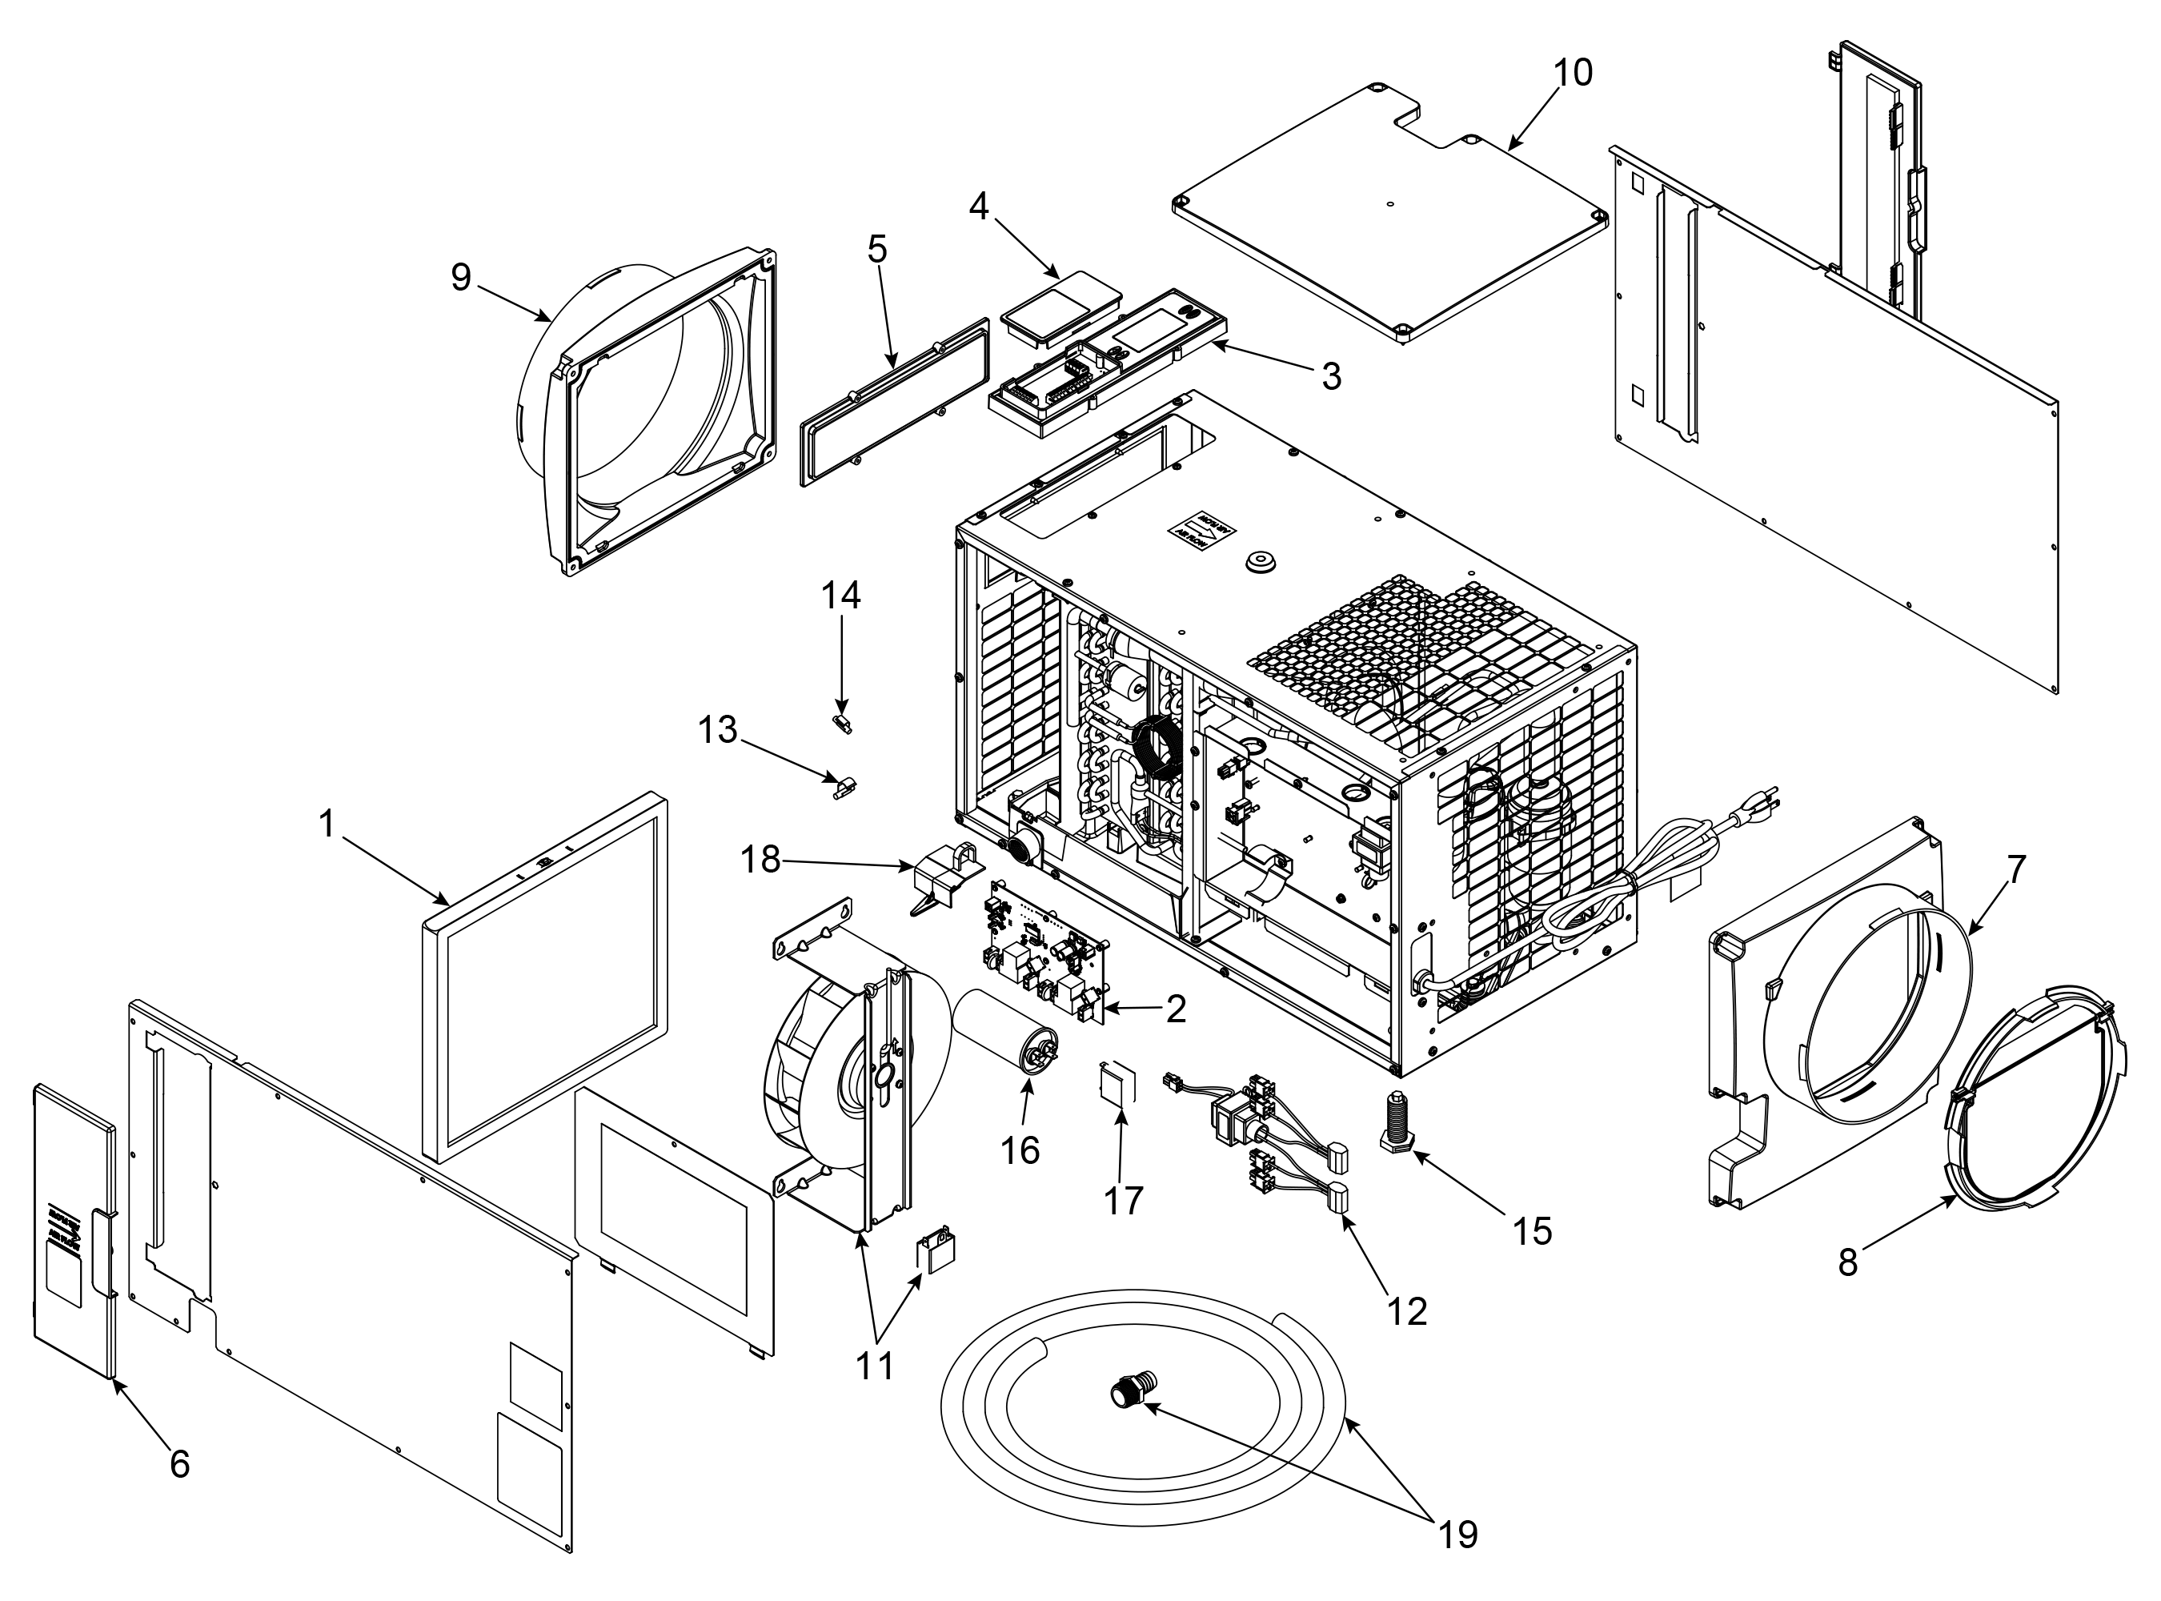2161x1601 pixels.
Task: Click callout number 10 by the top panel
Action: coord(1572,73)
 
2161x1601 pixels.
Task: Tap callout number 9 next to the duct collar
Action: coord(461,277)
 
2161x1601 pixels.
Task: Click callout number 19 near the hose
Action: coord(1457,1534)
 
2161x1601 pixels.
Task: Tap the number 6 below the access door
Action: coord(179,1464)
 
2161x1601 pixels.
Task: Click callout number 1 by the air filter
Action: coord(327,825)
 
